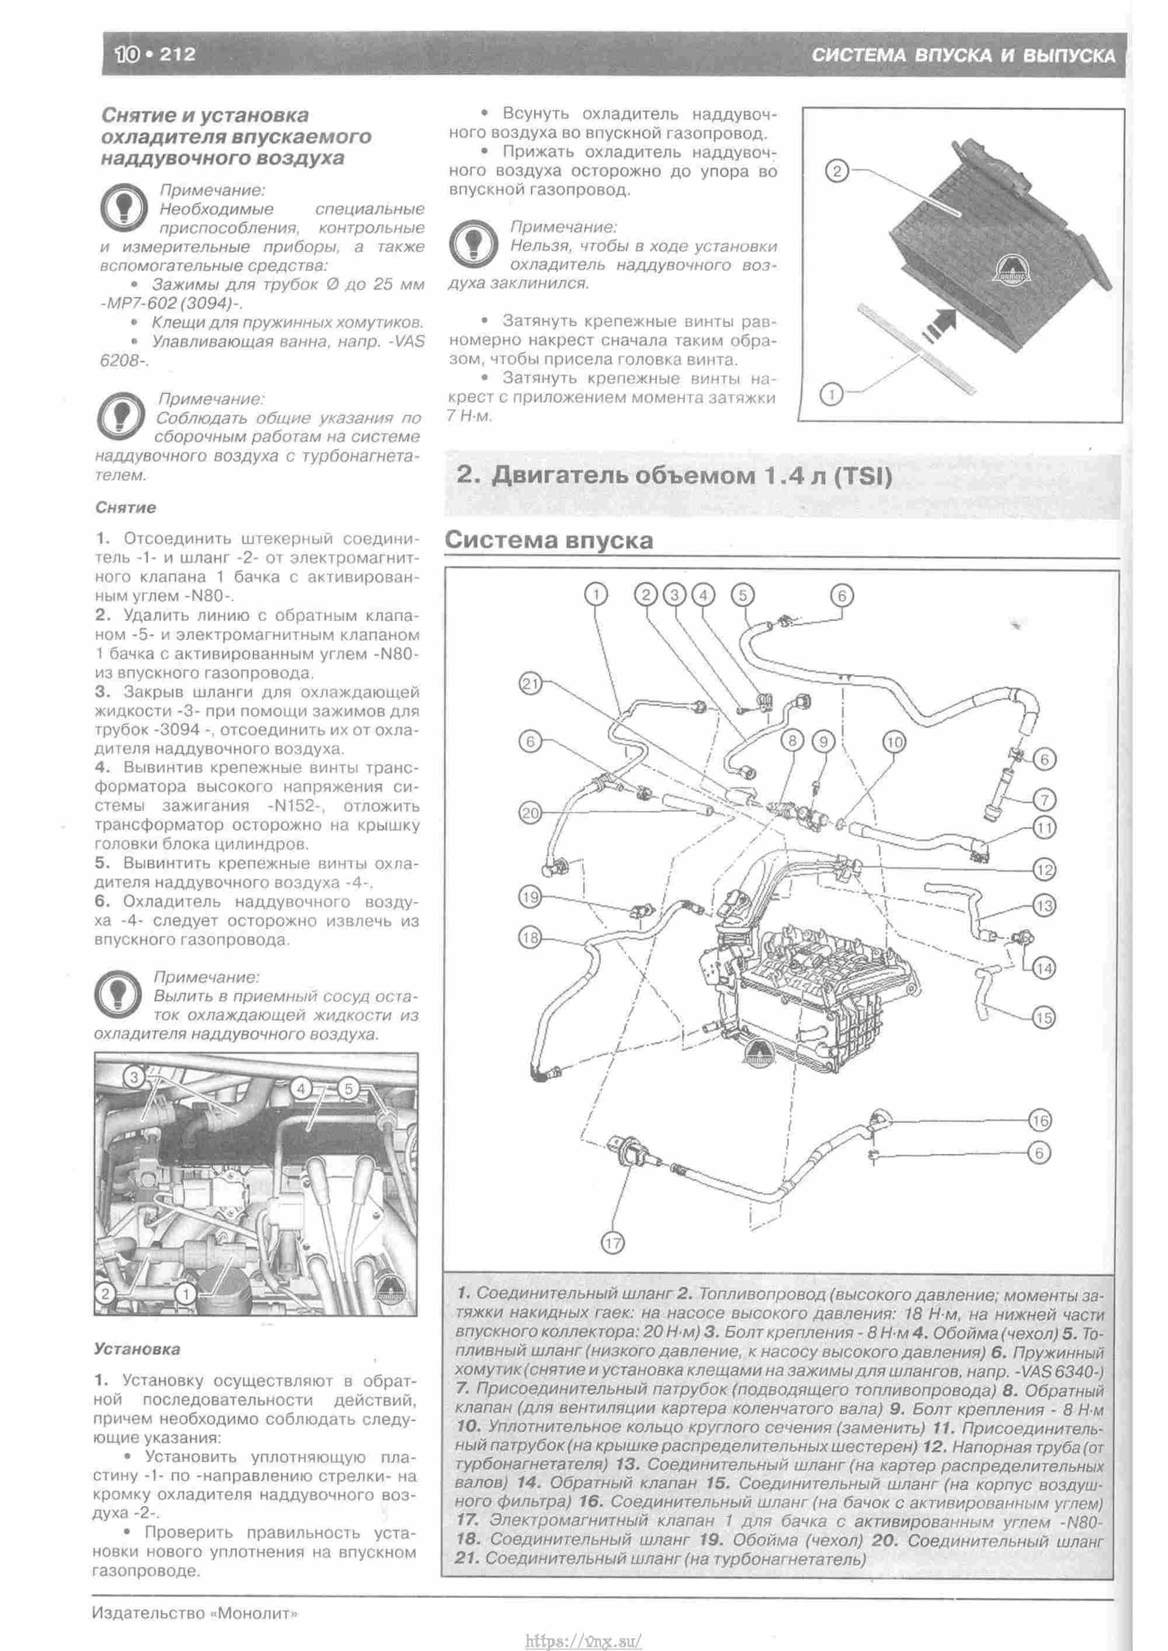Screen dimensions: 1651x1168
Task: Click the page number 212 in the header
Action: [177, 54]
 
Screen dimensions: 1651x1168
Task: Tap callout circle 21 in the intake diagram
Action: [530, 685]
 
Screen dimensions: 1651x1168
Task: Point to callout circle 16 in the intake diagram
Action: [1040, 1121]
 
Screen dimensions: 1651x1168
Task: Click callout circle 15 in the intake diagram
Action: [1044, 1018]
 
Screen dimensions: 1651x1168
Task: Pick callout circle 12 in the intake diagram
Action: [1044, 870]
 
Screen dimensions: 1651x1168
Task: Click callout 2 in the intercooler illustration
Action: [836, 171]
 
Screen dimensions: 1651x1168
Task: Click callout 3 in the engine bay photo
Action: [134, 1076]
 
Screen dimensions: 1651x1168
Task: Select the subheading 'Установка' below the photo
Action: [136, 1349]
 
